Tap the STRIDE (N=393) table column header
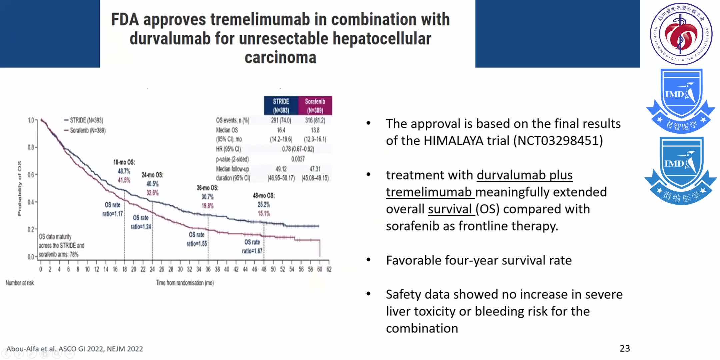point(281,106)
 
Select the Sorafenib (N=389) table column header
point(315,106)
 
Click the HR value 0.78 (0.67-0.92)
point(298,149)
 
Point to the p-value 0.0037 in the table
point(298,159)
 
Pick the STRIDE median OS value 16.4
point(281,130)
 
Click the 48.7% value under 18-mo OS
point(124,171)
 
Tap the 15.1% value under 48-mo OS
point(264,213)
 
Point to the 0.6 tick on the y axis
point(31,175)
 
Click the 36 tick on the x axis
point(208,269)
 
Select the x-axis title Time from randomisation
point(185,283)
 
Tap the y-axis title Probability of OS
point(19,188)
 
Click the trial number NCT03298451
point(558,141)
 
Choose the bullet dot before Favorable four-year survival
point(368,260)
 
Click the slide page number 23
point(625,348)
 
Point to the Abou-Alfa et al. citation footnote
point(75,349)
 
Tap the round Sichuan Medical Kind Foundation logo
point(681,34)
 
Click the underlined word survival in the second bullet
point(450,209)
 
